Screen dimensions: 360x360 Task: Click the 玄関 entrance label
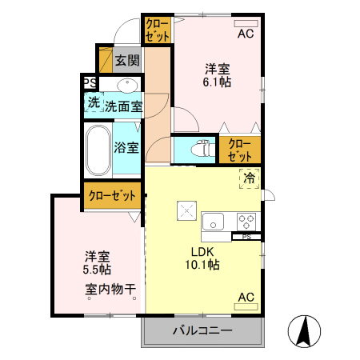(126, 60)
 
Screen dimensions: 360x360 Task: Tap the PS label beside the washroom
(90, 83)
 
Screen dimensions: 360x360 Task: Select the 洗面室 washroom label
(124, 105)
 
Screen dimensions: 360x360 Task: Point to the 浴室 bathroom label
(126, 147)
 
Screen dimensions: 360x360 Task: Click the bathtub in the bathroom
(98, 150)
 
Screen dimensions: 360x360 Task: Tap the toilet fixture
(200, 148)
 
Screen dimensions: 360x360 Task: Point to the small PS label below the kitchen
(246, 237)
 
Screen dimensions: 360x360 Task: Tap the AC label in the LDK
(246, 298)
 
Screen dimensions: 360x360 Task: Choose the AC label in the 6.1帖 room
(245, 34)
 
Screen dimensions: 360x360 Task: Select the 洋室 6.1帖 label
(216, 75)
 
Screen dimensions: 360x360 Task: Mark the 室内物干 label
(110, 290)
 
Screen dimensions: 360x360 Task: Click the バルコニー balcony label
(202, 331)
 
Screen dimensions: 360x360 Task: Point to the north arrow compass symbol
(305, 332)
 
